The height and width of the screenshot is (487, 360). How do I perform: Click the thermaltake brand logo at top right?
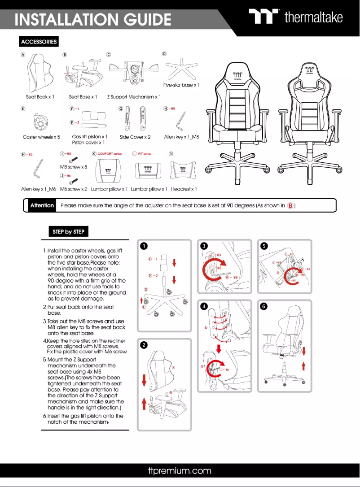coord(296,17)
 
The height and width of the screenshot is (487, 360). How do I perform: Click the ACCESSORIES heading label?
coord(39,42)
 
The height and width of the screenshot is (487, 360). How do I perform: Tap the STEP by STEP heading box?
coord(68,231)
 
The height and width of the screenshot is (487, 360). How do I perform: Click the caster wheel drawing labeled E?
coord(41,122)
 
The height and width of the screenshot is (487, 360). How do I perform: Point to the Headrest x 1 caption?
coord(184,189)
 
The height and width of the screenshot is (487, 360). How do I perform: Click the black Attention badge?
coord(42,205)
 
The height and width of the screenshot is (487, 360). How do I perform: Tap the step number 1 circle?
coord(143,246)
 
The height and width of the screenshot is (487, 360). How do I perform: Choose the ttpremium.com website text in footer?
coord(180,471)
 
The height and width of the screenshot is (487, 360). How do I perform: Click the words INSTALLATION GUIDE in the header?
coord(93,20)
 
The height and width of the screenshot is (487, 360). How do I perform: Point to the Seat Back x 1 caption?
coord(40,97)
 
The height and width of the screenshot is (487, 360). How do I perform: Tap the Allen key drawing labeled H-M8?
coord(181,121)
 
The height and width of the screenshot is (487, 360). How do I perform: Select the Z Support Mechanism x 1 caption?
coord(134,97)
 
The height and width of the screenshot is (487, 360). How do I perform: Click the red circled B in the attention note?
coord(290,206)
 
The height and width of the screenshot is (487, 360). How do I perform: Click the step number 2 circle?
coord(143,345)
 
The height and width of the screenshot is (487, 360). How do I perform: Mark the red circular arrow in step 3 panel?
coord(212,272)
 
